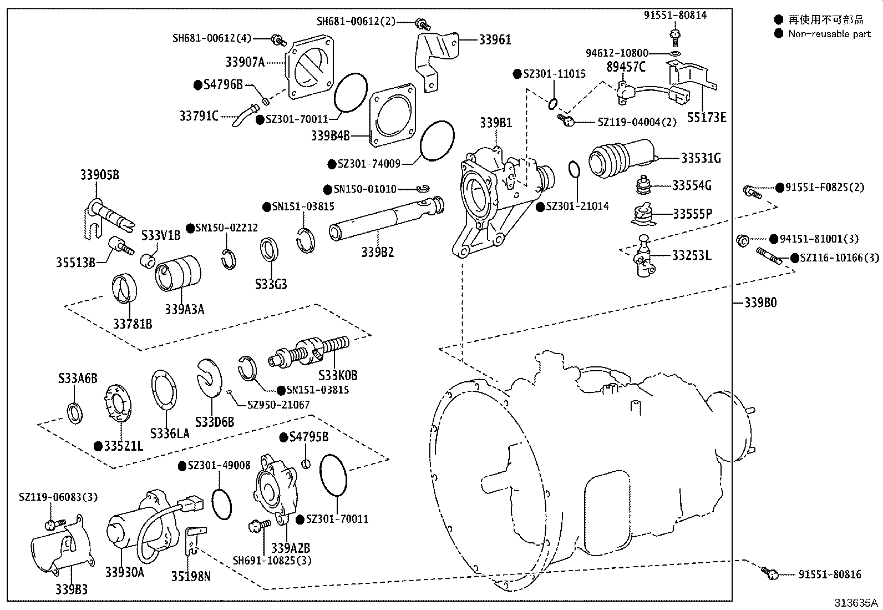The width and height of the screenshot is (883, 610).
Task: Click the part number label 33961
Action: click(x=495, y=40)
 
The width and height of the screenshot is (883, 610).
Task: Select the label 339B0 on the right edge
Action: click(x=760, y=303)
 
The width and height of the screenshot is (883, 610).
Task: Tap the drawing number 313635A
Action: click(x=856, y=602)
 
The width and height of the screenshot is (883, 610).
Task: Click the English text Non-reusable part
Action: click(x=829, y=34)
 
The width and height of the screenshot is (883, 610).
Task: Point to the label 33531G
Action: click(x=701, y=158)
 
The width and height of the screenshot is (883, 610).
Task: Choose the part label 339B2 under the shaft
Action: click(x=378, y=252)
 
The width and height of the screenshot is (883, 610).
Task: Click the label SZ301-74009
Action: click(x=369, y=164)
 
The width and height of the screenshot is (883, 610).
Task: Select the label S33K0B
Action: click(x=338, y=375)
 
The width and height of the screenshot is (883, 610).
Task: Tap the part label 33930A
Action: click(x=125, y=572)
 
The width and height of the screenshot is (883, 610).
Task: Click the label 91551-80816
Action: click(x=830, y=574)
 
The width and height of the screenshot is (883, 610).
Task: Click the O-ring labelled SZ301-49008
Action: click(x=222, y=505)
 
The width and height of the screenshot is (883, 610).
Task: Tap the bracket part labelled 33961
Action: click(x=436, y=61)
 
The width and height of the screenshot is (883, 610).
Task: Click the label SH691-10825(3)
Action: click(x=272, y=560)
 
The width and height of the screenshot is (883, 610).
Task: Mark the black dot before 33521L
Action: click(x=98, y=446)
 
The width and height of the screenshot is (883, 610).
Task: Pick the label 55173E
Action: click(x=707, y=118)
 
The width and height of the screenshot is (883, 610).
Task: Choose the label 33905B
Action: click(x=100, y=174)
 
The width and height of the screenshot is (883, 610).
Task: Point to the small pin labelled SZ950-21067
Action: click(x=229, y=392)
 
